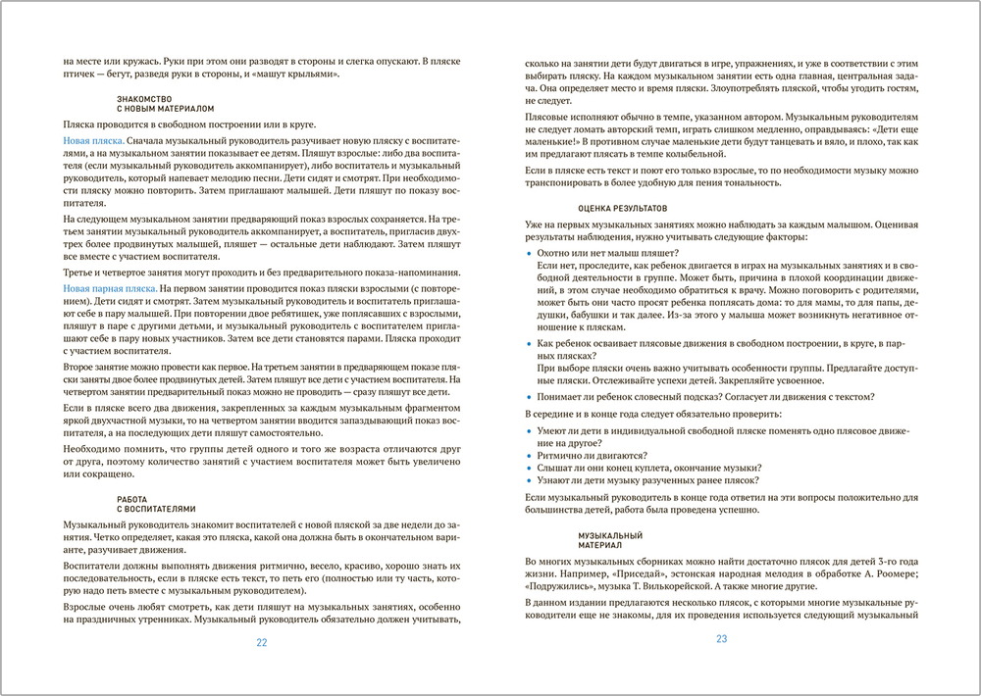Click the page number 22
pyautogui.click(x=261, y=643)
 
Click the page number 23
pyautogui.click(x=721, y=638)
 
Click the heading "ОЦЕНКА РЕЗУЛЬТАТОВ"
pyautogui.click(x=622, y=209)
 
